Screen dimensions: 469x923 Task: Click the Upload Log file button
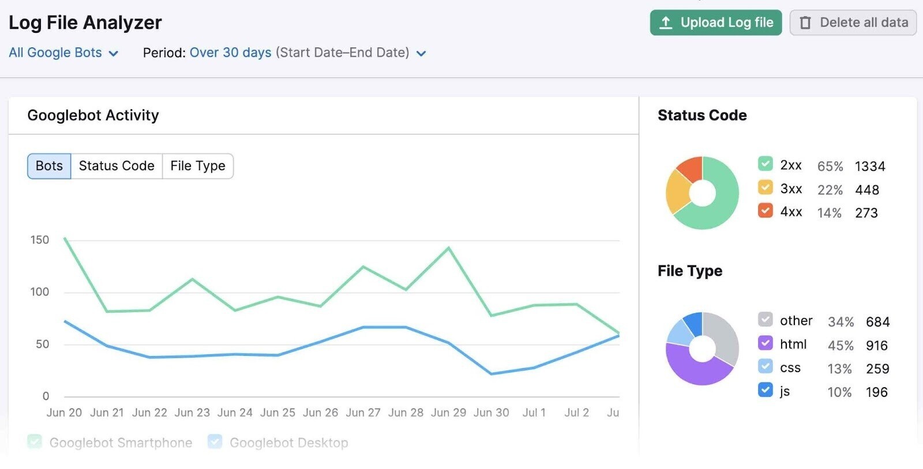tap(715, 22)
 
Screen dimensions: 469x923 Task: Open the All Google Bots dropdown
tap(63, 52)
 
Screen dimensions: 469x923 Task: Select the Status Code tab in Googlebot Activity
tap(117, 166)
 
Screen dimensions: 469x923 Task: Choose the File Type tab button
tap(198, 166)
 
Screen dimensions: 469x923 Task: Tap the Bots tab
tap(49, 166)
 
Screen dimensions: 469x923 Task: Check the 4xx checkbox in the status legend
tap(765, 211)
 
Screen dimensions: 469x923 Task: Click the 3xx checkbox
tap(765, 187)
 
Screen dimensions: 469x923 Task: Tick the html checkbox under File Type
tap(765, 343)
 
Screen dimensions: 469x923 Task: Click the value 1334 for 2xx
tap(869, 167)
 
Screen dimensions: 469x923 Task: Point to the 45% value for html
tap(840, 346)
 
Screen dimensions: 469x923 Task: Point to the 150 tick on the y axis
tap(40, 240)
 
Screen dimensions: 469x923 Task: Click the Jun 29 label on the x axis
tap(448, 412)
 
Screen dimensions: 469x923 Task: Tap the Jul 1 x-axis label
tap(534, 412)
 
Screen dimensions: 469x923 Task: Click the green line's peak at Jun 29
tap(449, 248)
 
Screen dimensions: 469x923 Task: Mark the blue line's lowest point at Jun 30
tap(491, 374)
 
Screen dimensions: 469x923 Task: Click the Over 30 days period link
tap(230, 52)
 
